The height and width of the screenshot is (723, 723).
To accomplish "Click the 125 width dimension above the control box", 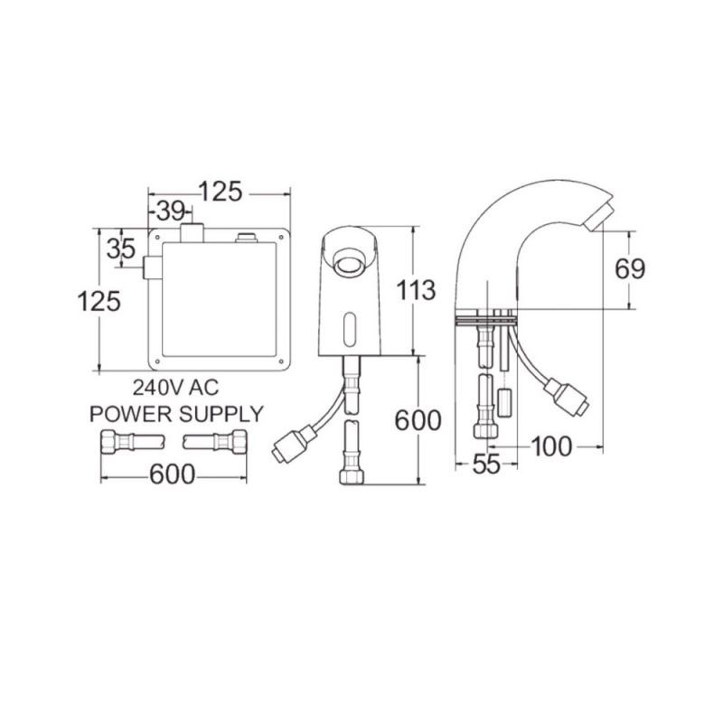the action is tap(220, 192).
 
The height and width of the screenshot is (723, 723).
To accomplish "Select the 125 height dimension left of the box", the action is tap(99, 301).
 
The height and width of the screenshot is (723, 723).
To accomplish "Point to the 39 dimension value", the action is tap(171, 211).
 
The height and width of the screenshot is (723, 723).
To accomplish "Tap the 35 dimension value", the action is tap(121, 249).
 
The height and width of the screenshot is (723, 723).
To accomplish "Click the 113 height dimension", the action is tap(416, 290).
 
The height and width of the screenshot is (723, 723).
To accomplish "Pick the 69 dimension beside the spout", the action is tap(630, 269).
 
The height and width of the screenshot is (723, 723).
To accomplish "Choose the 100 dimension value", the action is tap(551, 446).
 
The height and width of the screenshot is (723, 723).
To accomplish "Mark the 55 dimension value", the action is tap(486, 465).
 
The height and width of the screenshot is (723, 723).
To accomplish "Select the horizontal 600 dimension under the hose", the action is tap(173, 474).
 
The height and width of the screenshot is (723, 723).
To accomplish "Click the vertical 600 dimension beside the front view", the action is tap(418, 420).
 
